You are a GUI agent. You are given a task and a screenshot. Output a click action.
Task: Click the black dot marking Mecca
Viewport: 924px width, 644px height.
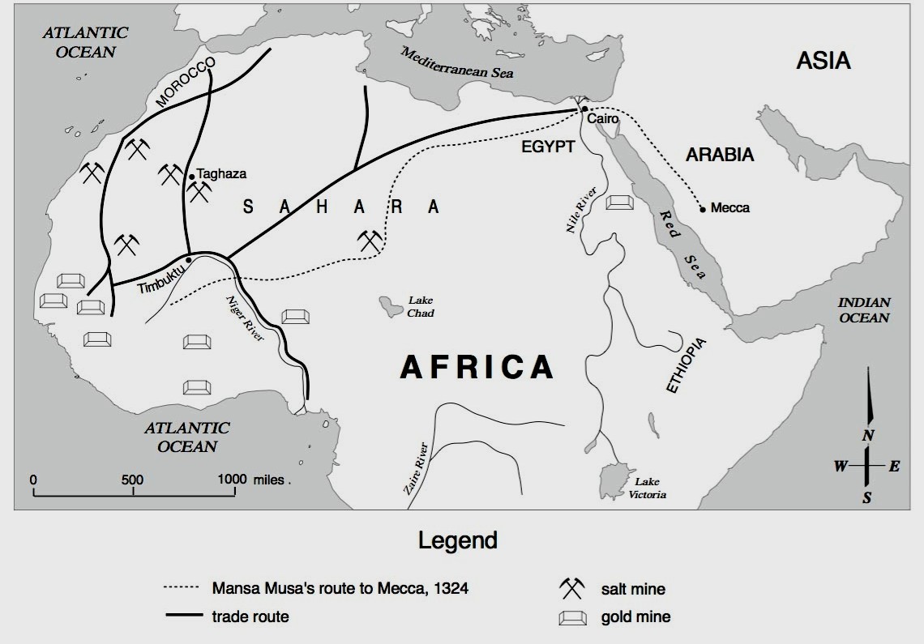703,208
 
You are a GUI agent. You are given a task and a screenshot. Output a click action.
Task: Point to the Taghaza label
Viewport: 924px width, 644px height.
221,173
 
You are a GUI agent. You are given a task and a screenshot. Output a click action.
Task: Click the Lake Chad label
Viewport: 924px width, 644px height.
421,307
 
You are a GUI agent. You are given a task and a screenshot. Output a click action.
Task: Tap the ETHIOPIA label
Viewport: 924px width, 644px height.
686,365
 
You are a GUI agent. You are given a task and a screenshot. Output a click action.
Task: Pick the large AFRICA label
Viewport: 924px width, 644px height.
477,367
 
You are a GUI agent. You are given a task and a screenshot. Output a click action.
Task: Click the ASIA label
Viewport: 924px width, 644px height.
823,61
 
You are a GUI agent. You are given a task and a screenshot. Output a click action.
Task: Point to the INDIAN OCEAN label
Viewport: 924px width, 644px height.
864,310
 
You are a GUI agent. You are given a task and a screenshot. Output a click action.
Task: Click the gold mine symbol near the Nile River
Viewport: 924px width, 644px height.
620,202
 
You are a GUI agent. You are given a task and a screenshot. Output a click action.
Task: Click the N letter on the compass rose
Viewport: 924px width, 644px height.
867,436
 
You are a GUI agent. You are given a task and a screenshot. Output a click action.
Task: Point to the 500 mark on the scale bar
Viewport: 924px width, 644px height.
132,480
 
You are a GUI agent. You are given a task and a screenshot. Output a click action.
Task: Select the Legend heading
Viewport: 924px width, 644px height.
458,540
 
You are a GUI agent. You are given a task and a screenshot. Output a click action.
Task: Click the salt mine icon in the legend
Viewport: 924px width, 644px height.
571,589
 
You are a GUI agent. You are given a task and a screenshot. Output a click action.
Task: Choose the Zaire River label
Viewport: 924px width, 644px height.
414,468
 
